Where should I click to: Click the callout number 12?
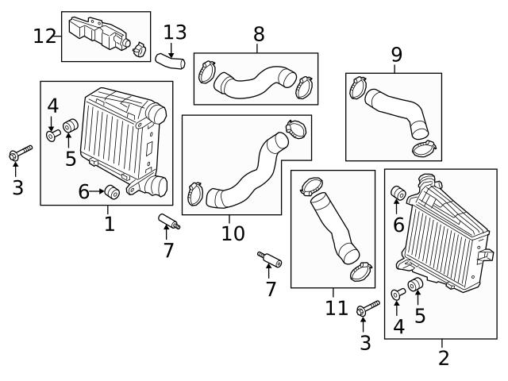click(45, 36)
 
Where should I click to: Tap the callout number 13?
click(175, 33)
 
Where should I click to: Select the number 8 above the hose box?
click(259, 34)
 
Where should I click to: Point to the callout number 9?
click(396, 55)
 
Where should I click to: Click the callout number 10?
click(233, 234)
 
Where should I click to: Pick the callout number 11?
click(337, 308)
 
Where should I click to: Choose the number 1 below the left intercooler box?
click(110, 224)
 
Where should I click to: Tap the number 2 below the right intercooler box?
click(443, 357)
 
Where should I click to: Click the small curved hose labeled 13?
click(168, 59)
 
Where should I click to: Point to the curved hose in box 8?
click(256, 83)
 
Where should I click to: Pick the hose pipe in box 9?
click(397, 115)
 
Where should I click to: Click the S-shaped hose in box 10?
click(242, 171)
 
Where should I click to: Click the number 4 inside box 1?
click(52, 106)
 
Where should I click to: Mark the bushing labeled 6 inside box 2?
click(399, 193)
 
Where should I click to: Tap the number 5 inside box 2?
click(420, 315)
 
